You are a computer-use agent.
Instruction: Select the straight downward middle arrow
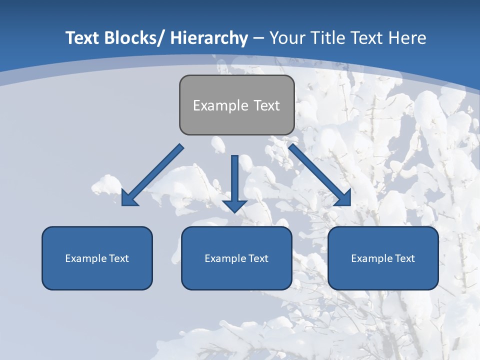[x=234, y=180]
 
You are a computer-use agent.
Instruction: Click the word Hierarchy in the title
[x=209, y=38]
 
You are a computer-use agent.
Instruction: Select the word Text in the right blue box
[x=404, y=258]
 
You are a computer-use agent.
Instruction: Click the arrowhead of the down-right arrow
[x=344, y=198]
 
